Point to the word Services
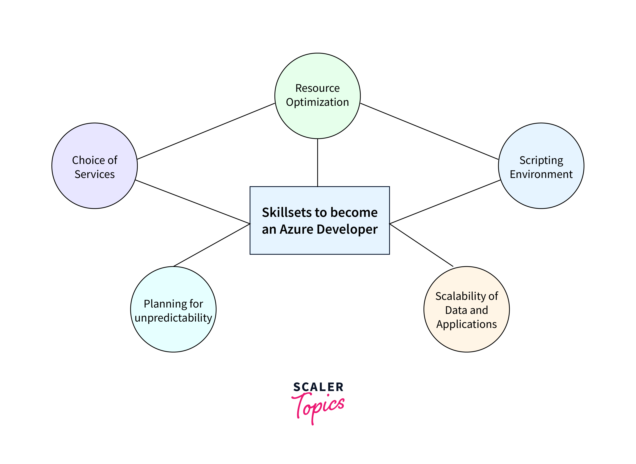pos(95,174)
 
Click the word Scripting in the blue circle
pos(541,161)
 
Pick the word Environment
pos(541,174)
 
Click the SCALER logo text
pos(318,387)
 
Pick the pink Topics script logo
pos(318,408)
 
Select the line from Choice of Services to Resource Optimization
pos(206,131)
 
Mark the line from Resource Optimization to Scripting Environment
pos(429,131)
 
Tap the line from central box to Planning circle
pos(212,245)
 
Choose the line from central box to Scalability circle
pos(421,245)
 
